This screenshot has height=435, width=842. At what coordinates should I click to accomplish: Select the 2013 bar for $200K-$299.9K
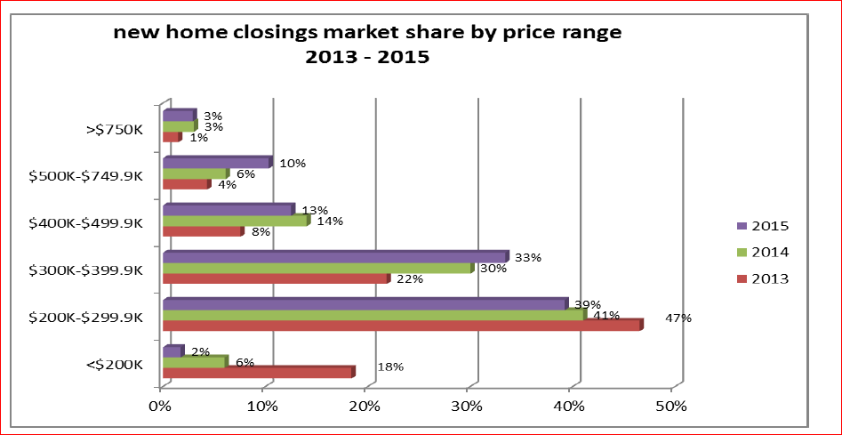[402, 326]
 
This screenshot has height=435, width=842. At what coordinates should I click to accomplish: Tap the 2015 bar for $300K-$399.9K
[335, 257]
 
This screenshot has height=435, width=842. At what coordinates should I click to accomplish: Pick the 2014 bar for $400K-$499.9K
[236, 221]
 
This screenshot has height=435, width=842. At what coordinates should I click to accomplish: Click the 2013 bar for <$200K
[258, 372]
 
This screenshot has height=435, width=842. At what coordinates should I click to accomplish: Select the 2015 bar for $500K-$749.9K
[216, 163]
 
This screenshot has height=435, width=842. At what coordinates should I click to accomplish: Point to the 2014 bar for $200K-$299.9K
[374, 315]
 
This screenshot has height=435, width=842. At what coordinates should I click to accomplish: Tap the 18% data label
[391, 367]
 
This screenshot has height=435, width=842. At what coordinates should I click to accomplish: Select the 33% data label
[528, 258]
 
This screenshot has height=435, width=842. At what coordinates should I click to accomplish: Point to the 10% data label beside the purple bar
[293, 164]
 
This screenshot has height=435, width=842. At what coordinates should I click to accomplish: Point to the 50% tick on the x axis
[671, 407]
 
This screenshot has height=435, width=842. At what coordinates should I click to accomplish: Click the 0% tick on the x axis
[160, 407]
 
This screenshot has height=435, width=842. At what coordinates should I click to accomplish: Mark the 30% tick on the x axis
[467, 407]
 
